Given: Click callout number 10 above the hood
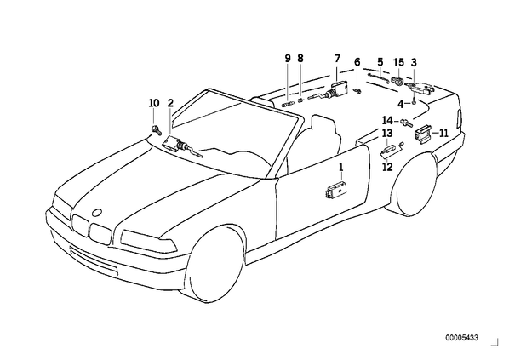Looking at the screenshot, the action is click(154, 103).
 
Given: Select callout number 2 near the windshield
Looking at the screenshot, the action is click(170, 103).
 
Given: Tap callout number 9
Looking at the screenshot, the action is click(288, 59).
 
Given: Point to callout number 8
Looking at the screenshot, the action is click(300, 59).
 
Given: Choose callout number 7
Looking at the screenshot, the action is click(338, 59).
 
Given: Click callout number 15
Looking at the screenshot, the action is click(398, 62).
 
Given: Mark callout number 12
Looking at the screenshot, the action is click(387, 167).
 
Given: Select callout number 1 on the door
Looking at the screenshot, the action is click(340, 168).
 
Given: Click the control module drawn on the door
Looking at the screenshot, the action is click(335, 191).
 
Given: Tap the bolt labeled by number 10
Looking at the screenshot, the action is click(156, 129).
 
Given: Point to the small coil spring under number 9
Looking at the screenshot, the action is click(288, 104).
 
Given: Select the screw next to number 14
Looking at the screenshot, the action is click(406, 123).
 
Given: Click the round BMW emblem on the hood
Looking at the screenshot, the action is click(97, 213).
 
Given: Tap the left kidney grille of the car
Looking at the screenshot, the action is click(80, 225).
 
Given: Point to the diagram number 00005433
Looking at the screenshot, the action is click(461, 338).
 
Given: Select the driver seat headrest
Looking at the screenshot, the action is click(323, 124).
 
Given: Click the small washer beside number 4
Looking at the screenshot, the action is click(414, 103).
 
